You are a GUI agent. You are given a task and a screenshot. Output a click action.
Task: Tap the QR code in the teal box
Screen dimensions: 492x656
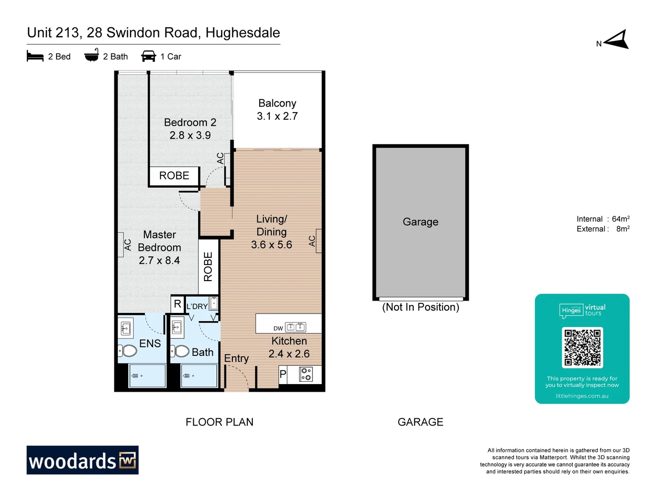tap(582, 347)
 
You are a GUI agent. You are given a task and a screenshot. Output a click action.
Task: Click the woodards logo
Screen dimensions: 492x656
tap(82, 460)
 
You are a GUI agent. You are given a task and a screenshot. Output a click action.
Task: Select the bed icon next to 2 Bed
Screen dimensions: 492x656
tap(35, 56)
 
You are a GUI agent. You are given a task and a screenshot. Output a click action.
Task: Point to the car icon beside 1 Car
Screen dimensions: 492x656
tap(149, 56)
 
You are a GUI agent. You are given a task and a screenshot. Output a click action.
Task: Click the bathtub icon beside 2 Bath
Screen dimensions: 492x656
tap(92, 56)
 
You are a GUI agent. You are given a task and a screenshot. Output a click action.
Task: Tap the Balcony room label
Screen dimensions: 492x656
tap(277, 103)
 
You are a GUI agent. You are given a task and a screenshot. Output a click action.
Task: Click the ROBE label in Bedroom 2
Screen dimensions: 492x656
tap(174, 176)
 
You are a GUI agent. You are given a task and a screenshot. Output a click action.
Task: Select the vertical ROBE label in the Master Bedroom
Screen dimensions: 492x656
tap(208, 267)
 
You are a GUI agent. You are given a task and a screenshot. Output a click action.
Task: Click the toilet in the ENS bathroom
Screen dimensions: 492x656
tap(128, 351)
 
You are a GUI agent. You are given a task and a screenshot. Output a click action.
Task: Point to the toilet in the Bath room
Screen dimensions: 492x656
tap(180, 351)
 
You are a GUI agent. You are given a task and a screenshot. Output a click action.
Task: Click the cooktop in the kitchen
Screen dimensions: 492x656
tap(306, 374)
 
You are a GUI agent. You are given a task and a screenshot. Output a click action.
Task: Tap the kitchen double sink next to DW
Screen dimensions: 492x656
tap(296, 327)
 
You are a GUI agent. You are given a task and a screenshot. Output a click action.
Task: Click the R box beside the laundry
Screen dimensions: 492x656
tap(177, 304)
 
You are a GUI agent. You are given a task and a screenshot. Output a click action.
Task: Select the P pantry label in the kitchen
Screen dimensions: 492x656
tap(283, 374)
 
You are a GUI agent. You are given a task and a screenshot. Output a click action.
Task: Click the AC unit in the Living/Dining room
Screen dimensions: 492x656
tap(318, 241)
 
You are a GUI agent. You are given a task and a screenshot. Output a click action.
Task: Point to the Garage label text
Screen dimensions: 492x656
tap(420, 222)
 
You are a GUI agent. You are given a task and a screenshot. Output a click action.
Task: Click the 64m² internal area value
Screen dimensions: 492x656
tap(620, 219)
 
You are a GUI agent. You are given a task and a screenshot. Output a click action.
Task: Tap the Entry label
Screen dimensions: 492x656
tap(236, 359)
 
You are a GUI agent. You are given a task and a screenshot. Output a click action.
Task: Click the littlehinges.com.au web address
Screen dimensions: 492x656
tap(582, 396)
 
